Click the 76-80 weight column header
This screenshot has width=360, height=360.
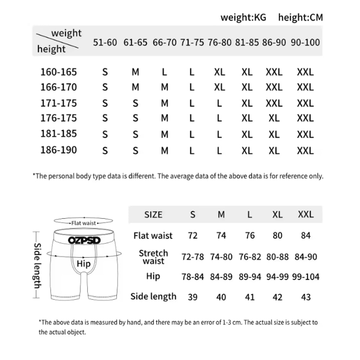219,42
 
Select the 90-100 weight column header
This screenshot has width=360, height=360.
305,42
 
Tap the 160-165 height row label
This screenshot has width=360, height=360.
59,72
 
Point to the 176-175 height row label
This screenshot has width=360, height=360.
59,118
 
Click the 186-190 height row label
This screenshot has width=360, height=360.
59,150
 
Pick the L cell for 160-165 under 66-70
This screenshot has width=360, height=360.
165,72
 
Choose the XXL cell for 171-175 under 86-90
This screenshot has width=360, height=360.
274,103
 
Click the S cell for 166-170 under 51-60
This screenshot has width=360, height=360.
105,87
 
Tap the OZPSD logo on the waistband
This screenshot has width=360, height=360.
84,240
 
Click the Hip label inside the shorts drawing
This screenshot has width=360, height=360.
84,264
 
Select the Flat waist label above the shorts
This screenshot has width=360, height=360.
84,223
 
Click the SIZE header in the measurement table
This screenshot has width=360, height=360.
153,215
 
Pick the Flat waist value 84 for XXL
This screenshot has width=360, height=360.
306,236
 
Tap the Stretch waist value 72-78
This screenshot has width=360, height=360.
192,257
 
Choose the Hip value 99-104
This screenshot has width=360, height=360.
306,277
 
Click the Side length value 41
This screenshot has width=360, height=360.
249,297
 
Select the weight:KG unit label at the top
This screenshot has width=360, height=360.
243,17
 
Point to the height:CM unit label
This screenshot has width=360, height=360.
300,17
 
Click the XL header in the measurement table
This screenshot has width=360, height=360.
277,215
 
